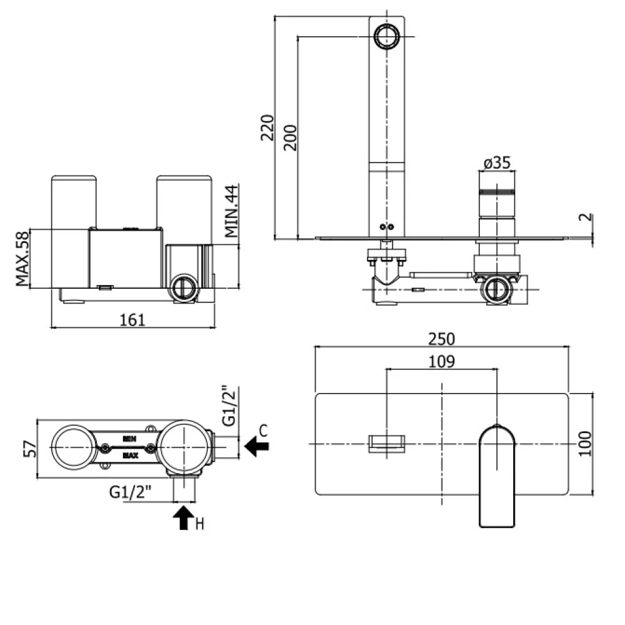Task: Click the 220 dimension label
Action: tap(267, 127)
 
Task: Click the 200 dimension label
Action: tap(291, 137)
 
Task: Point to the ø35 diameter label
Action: tap(497, 162)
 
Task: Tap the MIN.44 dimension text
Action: tap(232, 211)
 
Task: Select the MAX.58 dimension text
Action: tap(22, 259)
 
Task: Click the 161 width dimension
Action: tap(132, 319)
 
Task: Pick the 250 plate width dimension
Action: tap(441, 339)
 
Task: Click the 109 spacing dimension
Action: tap(441, 361)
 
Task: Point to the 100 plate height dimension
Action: tap(585, 444)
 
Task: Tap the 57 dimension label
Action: tap(30, 449)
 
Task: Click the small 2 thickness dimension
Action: tap(586, 217)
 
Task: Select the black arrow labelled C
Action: tap(256, 446)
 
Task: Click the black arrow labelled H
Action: tap(183, 517)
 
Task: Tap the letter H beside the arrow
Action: tap(200, 524)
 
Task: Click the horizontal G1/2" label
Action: tap(131, 492)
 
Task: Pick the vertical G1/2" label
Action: tap(229, 406)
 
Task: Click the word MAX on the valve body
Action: tap(130, 455)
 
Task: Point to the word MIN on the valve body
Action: tap(129, 439)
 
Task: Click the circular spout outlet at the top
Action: tap(387, 36)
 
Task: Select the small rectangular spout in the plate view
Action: tap(387, 444)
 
